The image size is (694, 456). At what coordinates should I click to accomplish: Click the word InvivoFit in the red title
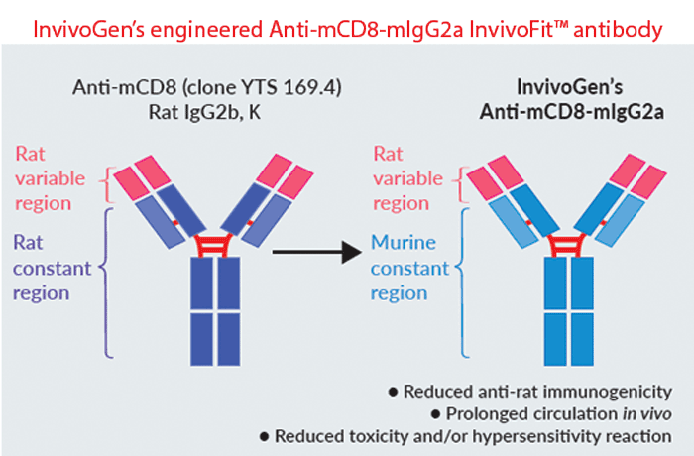point(500,29)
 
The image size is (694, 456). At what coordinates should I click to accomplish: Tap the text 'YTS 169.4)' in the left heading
point(299,87)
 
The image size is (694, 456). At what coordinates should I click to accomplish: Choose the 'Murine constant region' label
point(411,265)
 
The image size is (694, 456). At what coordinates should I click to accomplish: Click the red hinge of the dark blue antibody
point(206,241)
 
